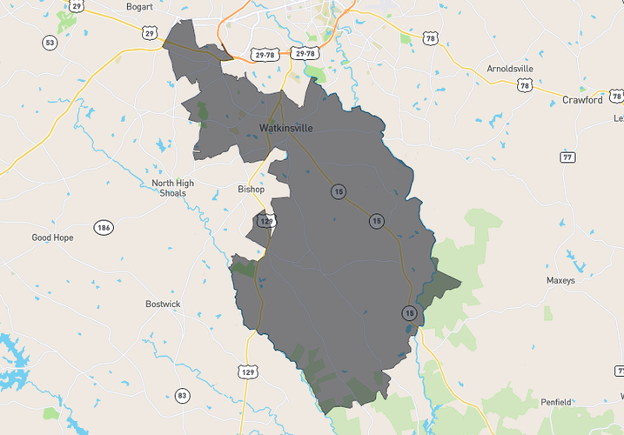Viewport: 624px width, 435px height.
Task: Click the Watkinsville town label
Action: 285,128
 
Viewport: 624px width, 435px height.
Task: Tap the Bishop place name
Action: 251,189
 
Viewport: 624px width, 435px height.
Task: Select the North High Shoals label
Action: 173,188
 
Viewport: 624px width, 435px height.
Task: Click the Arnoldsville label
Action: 510,68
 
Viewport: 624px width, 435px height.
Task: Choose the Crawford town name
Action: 582,100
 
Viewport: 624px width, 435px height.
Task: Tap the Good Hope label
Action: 53,238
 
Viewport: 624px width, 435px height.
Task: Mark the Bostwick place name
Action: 163,304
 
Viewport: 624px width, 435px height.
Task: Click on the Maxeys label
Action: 560,281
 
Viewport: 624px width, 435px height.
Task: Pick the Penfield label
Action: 555,402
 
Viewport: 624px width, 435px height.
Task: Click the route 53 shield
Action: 50,43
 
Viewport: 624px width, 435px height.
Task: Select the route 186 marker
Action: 104,228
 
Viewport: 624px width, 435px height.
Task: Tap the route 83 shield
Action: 182,396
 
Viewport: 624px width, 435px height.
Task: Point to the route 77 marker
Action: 567,157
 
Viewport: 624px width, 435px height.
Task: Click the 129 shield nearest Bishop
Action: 266,222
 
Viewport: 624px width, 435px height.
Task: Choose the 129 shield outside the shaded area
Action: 248,372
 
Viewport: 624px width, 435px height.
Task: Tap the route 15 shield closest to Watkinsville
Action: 336,191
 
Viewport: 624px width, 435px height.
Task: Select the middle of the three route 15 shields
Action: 376,221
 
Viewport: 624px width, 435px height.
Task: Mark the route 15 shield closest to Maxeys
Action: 409,312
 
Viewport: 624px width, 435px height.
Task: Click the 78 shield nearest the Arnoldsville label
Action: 524,85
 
